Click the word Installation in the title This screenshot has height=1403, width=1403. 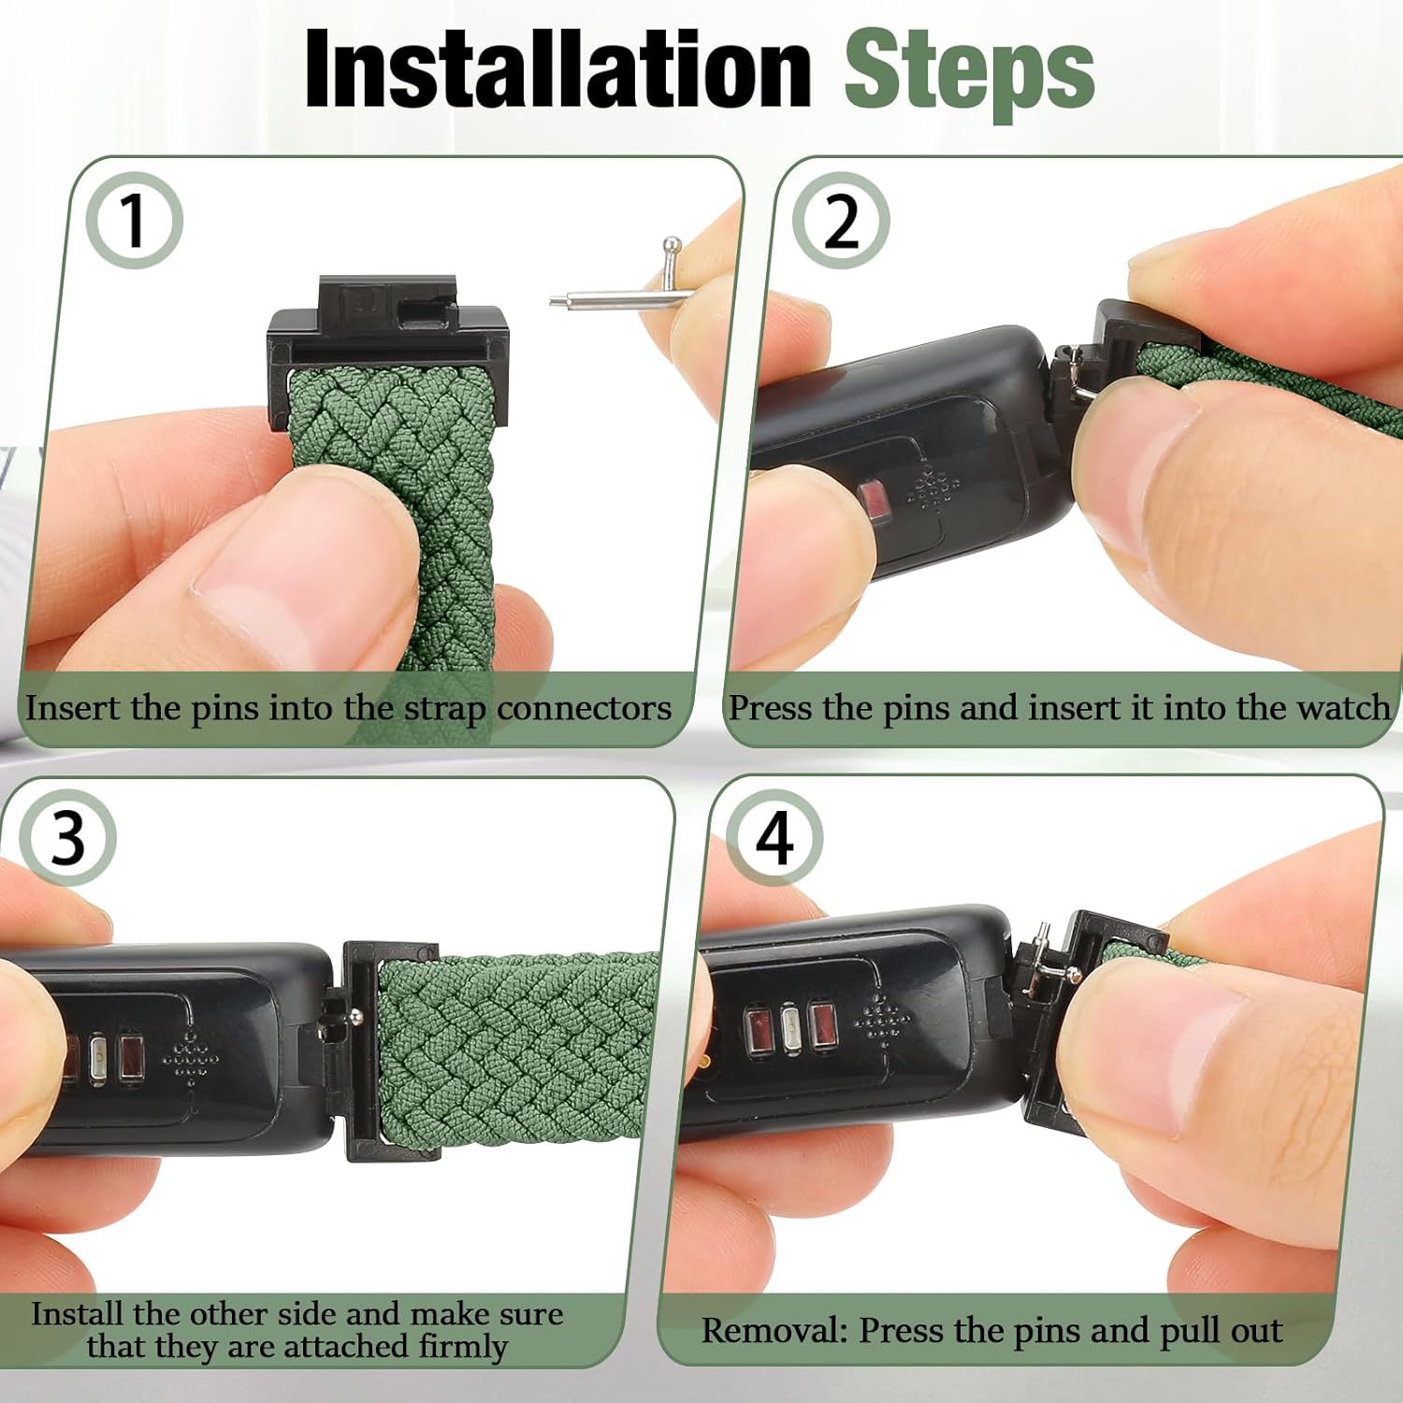557,70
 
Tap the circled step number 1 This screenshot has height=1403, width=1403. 134,222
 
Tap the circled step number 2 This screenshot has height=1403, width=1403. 840,222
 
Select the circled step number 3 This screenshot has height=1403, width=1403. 67,838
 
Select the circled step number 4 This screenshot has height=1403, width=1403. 774,838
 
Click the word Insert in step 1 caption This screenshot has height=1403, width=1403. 73,708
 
